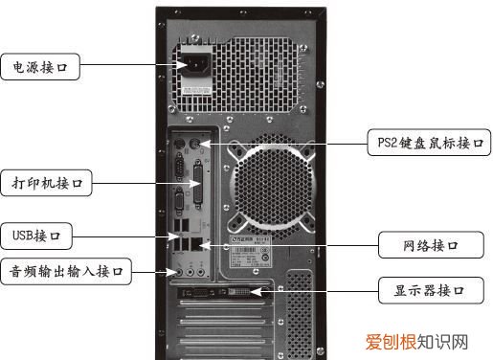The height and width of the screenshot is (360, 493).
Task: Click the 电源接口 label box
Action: (39, 68)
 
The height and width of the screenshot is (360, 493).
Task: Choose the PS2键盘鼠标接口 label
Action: (428, 145)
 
